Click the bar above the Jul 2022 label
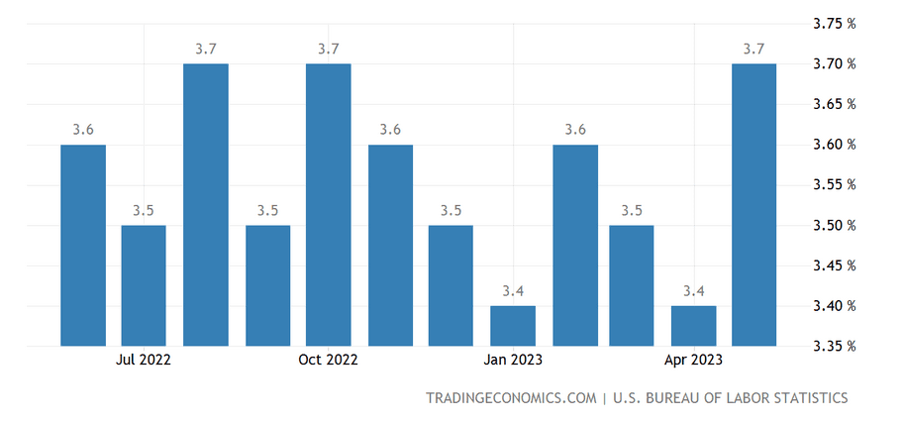point(144,285)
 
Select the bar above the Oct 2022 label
point(329,205)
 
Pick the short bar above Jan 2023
point(513,326)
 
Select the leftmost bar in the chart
point(83,245)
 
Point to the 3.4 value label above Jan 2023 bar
point(513,290)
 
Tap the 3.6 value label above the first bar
point(83,129)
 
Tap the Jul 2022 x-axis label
point(144,360)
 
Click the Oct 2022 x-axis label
point(328,360)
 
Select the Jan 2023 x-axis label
point(513,360)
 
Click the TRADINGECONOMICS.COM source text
point(510,398)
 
